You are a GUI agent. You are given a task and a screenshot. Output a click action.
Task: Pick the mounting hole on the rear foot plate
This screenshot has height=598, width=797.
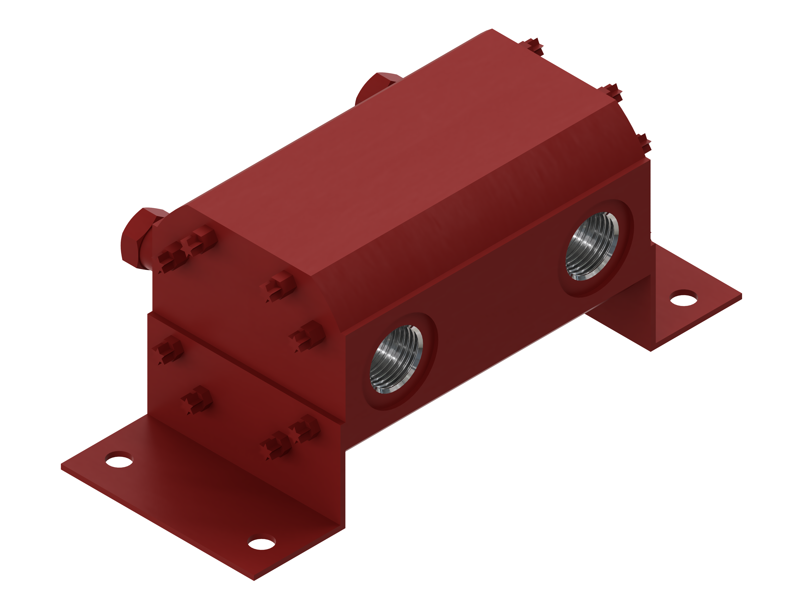683,298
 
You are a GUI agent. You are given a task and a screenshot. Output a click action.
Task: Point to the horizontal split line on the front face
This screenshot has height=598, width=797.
245,368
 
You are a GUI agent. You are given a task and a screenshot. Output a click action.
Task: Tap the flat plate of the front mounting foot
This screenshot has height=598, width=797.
202,505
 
